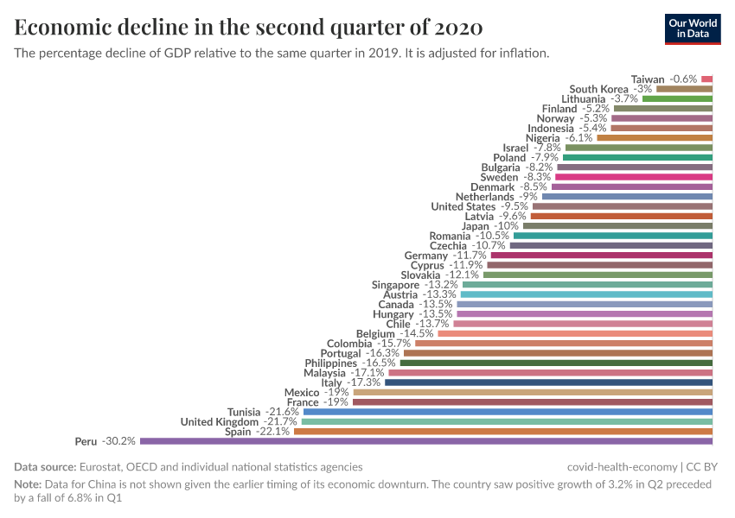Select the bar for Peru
[425, 441]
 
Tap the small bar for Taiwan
[706, 79]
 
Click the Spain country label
[239, 432]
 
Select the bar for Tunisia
[508, 412]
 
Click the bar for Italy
[548, 382]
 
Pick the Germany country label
[426, 256]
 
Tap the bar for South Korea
[684, 89]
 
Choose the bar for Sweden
[633, 177]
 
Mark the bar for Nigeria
[655, 137]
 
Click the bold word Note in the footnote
[28, 484]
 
